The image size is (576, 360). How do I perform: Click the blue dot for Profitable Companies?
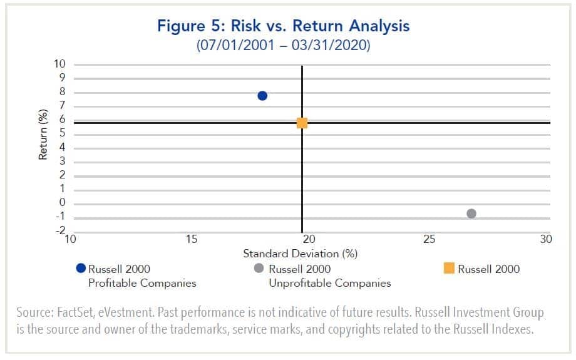262,96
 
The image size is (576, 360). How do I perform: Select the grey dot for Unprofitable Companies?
471,213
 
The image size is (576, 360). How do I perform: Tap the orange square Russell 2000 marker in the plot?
302,123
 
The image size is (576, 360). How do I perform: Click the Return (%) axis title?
43,135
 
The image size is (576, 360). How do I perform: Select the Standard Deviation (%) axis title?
300,254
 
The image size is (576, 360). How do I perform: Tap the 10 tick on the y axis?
60,64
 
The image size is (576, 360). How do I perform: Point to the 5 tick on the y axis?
63,133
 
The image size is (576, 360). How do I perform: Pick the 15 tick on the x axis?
192,239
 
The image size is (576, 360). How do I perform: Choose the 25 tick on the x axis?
429,239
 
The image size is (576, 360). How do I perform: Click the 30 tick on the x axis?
546,239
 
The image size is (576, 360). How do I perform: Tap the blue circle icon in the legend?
80,269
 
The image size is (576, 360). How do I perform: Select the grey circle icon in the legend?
258,269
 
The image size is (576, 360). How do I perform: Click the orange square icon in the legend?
448,269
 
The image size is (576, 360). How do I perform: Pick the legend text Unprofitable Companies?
330,283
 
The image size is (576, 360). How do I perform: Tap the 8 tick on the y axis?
63,92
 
